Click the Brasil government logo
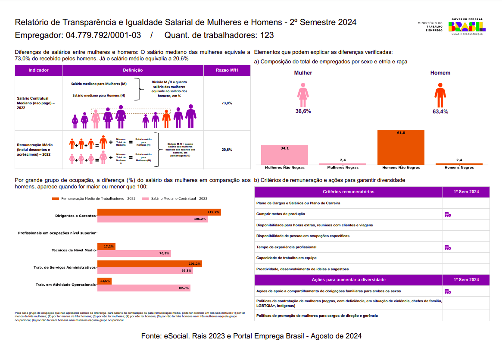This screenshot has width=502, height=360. click(x=467, y=27)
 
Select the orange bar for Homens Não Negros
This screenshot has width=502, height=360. click(x=401, y=147)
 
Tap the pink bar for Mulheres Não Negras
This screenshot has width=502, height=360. click(x=284, y=155)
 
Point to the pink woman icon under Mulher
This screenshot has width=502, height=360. click(x=303, y=95)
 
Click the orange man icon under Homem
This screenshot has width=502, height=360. click(x=440, y=95)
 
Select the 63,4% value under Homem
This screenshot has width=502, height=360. click(x=440, y=112)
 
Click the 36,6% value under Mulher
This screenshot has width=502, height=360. click(x=303, y=111)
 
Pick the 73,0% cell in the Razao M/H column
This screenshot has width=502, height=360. click(x=227, y=103)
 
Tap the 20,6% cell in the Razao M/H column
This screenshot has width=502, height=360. click(x=227, y=150)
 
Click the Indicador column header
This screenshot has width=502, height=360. click(x=38, y=70)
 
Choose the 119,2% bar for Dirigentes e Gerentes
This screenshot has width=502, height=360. click(x=159, y=212)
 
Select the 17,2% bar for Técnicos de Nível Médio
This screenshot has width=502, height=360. click(x=106, y=247)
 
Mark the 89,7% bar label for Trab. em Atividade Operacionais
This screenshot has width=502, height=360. click(x=184, y=288)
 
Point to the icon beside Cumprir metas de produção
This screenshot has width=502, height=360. click(x=448, y=214)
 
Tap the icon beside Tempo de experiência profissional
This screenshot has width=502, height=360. click(x=448, y=247)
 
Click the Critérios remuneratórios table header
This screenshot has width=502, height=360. click(x=348, y=192)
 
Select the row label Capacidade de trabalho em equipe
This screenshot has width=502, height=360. click(x=286, y=258)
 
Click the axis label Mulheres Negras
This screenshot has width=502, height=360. click(x=343, y=167)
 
